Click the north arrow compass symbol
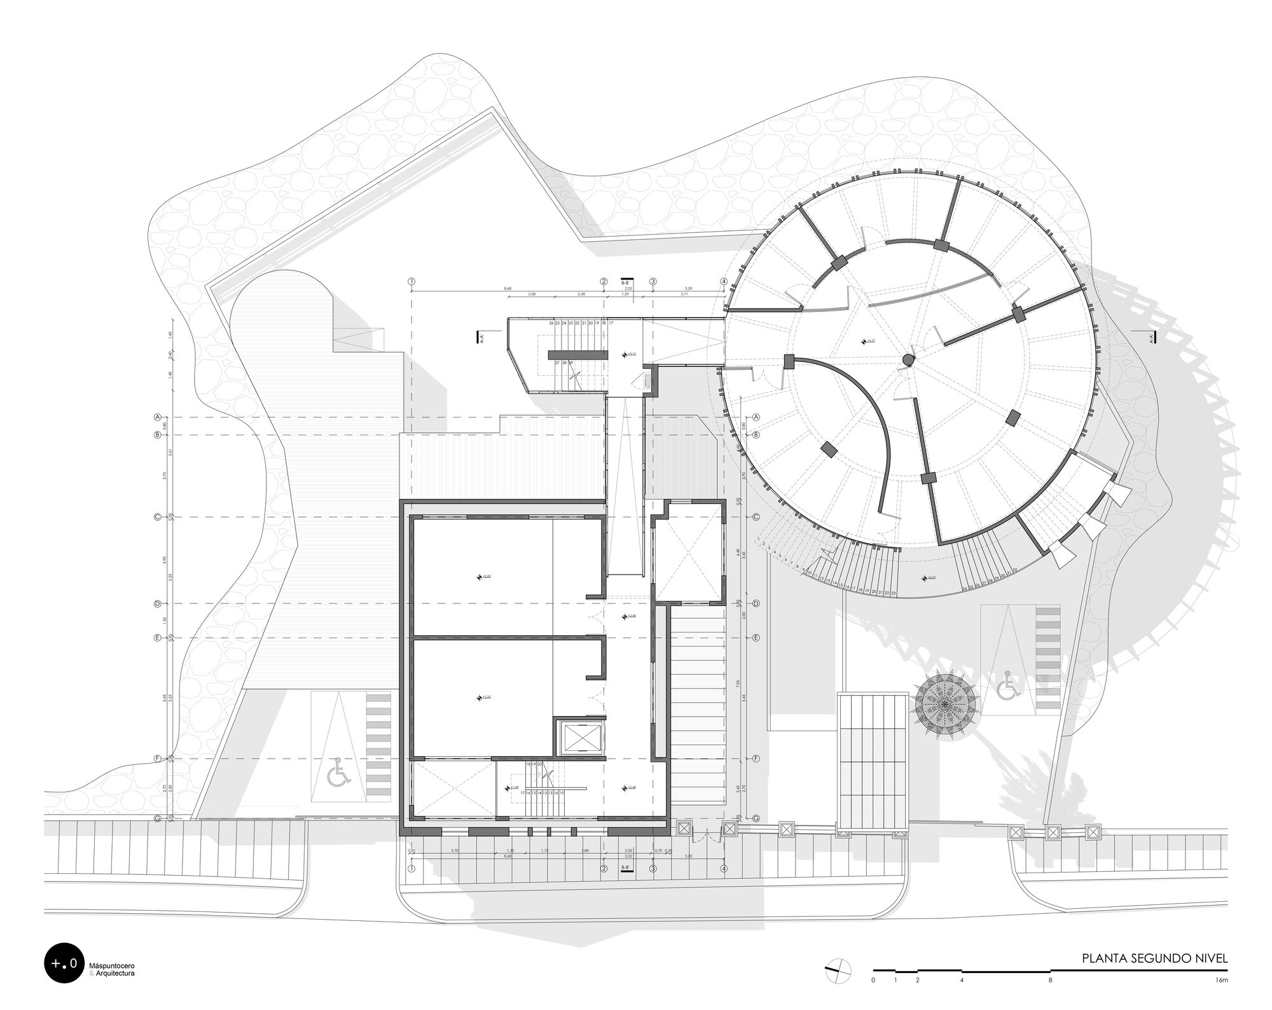click(838, 969)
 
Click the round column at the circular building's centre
click(908, 361)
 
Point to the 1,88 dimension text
click(585, 851)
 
